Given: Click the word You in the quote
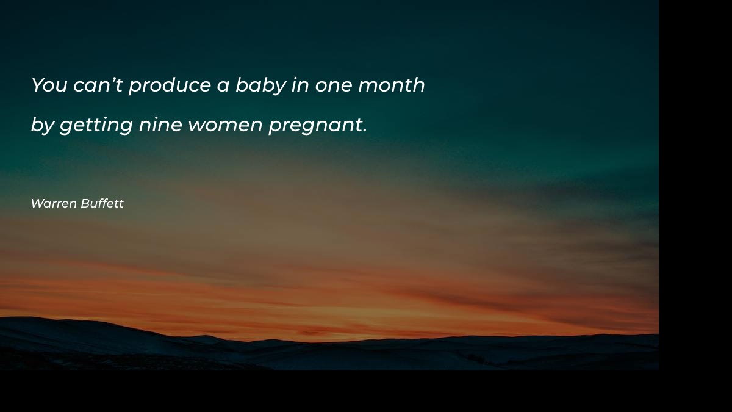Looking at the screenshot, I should coord(49,85).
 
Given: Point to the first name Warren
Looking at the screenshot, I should coord(54,204).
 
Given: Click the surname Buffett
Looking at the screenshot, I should coord(102,204).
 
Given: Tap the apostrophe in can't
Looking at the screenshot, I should coord(112,79).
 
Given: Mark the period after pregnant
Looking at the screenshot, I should coord(365,131).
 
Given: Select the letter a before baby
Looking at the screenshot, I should coord(223,86).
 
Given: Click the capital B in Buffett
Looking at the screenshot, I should coord(85,204).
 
